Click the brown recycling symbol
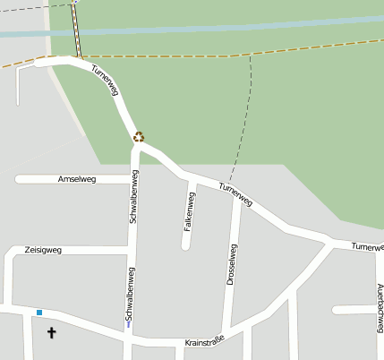pyautogui.click(x=139, y=137)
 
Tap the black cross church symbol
pyautogui.click(x=51, y=333)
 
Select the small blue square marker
pyautogui.click(x=39, y=313)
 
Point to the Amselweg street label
pyautogui.click(x=76, y=179)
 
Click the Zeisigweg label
pyautogui.click(x=43, y=250)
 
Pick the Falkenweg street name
pyautogui.click(x=189, y=211)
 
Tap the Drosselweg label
pyautogui.click(x=231, y=264)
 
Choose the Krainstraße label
pyautogui.click(x=203, y=342)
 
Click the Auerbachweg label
pyautogui.click(x=380, y=305)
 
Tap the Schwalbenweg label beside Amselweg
pyautogui.click(x=133, y=201)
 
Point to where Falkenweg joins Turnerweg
pyautogui.click(x=193, y=179)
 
